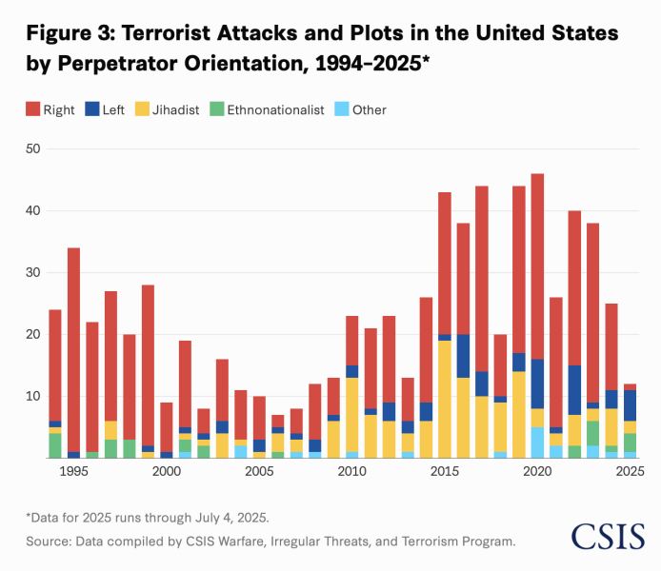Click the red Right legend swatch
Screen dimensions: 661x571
point(33,109)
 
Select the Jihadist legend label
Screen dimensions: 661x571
point(175,109)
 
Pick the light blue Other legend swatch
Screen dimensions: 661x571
point(342,109)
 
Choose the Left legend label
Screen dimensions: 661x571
point(113,109)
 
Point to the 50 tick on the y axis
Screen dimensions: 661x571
point(33,148)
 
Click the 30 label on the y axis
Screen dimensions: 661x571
point(33,272)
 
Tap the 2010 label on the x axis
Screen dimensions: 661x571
point(352,471)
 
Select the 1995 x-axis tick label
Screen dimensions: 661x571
point(73,471)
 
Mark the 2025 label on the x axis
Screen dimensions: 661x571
point(630,471)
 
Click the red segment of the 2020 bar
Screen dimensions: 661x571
point(537,266)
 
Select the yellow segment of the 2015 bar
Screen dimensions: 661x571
point(445,399)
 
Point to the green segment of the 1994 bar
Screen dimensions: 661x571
point(55,445)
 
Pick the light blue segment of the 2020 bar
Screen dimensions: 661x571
point(537,443)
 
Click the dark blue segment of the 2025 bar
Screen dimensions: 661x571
point(631,405)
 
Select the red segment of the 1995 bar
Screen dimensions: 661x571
point(73,350)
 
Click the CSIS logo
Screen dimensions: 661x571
point(608,537)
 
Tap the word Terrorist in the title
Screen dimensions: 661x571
point(166,33)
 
